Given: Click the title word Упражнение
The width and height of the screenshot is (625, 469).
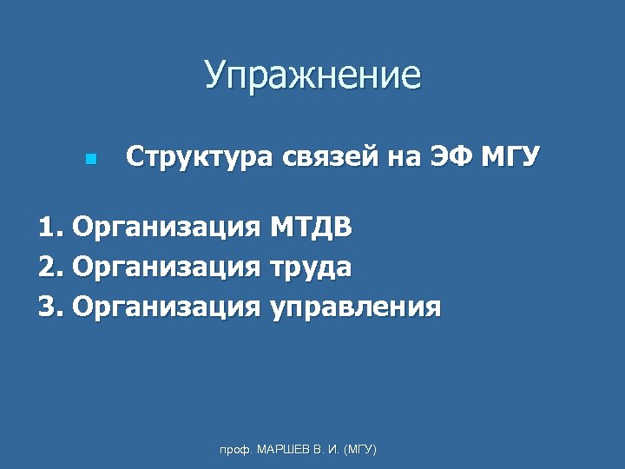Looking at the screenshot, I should click(312, 76).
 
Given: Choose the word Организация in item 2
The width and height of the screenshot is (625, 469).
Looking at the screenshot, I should click(167, 268).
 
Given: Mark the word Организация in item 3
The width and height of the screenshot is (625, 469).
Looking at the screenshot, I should click(167, 307).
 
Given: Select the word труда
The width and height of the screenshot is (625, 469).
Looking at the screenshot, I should click(311, 268).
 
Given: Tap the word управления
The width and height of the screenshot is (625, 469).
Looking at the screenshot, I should click(355, 307).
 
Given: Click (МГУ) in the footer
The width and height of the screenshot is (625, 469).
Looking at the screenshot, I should click(360, 450).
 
